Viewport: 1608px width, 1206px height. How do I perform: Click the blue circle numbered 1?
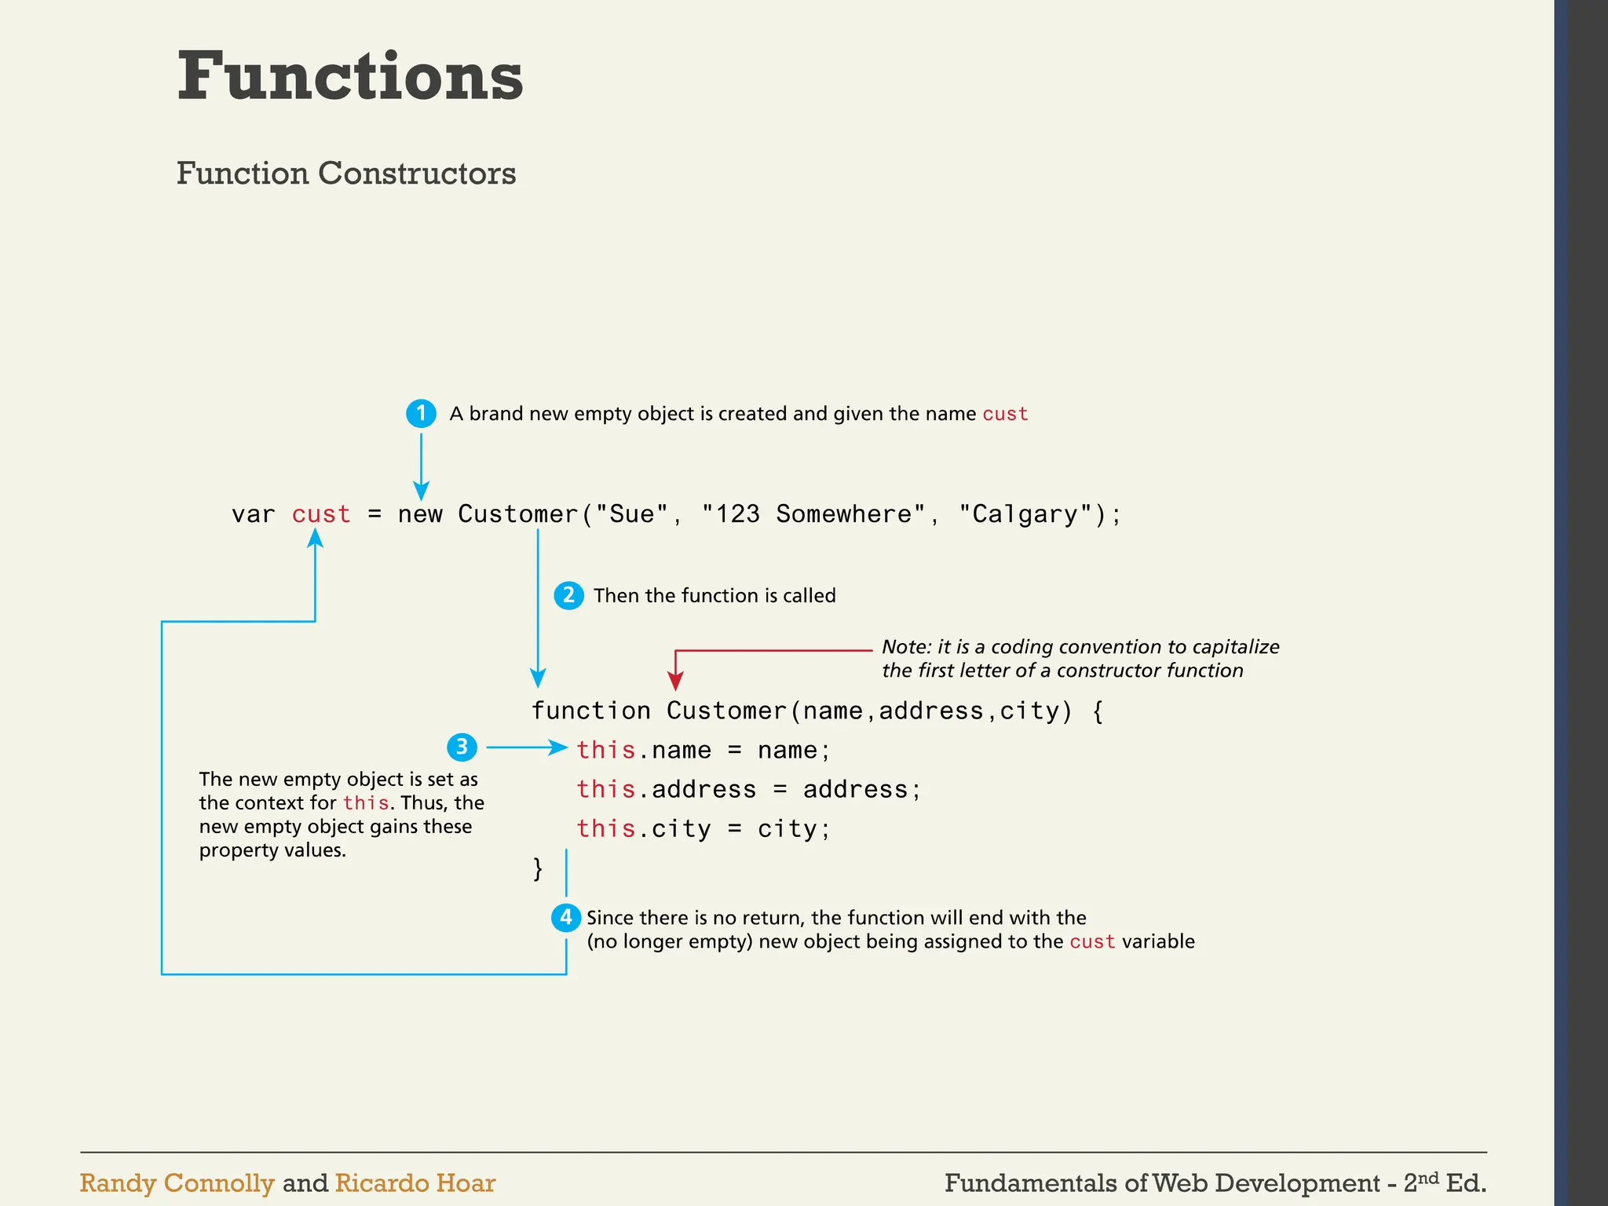pos(421,413)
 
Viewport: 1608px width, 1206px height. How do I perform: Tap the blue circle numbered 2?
pos(568,595)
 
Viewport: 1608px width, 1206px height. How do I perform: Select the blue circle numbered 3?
pos(462,747)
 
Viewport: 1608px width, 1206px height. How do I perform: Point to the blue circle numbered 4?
pos(565,917)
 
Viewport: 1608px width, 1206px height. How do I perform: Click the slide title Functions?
pos(350,76)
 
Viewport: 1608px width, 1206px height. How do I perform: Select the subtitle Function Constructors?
pos(346,174)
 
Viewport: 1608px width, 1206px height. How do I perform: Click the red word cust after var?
pos(320,514)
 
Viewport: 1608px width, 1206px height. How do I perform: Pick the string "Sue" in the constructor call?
pos(631,514)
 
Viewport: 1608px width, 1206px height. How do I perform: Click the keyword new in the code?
pos(420,514)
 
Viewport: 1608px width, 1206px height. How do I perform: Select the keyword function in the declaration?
pos(590,711)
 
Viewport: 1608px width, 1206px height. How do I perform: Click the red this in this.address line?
pos(605,789)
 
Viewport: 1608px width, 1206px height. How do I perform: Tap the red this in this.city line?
pos(605,828)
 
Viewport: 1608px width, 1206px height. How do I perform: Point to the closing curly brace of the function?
pos(538,868)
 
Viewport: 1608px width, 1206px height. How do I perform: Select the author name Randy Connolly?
pos(177,1183)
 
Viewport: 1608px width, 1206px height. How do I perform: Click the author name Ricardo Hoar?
pos(415,1183)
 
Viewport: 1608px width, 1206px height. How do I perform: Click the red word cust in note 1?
pos(1005,414)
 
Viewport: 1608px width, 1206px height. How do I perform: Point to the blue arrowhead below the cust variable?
pos(315,537)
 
